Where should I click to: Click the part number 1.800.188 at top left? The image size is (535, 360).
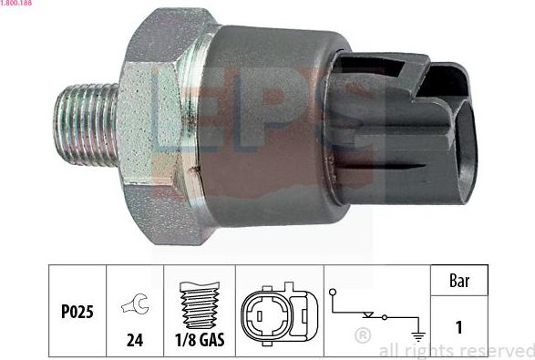tap(16, 5)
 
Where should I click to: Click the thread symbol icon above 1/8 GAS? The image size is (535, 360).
tap(198, 302)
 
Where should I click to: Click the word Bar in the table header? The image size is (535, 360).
tap(459, 281)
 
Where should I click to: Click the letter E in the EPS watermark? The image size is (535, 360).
tap(178, 109)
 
